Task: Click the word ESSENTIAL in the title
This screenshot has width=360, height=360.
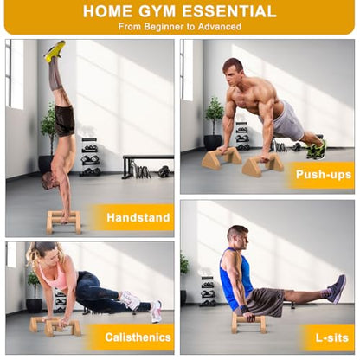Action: (229, 11)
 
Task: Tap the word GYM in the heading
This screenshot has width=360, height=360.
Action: (157, 11)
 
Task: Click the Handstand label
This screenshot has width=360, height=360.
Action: (138, 217)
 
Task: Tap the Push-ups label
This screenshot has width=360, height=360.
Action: (324, 175)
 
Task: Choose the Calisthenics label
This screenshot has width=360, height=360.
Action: (138, 337)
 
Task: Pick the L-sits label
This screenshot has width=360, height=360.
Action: (331, 337)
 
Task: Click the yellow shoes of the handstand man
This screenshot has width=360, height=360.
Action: (55, 51)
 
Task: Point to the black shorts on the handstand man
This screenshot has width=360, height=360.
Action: (64, 120)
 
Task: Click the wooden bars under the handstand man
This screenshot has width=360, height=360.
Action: (63, 222)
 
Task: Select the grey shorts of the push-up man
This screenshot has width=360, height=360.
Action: (286, 121)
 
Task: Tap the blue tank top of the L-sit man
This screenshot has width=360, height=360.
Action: (235, 274)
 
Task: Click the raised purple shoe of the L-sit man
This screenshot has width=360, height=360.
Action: (337, 289)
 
